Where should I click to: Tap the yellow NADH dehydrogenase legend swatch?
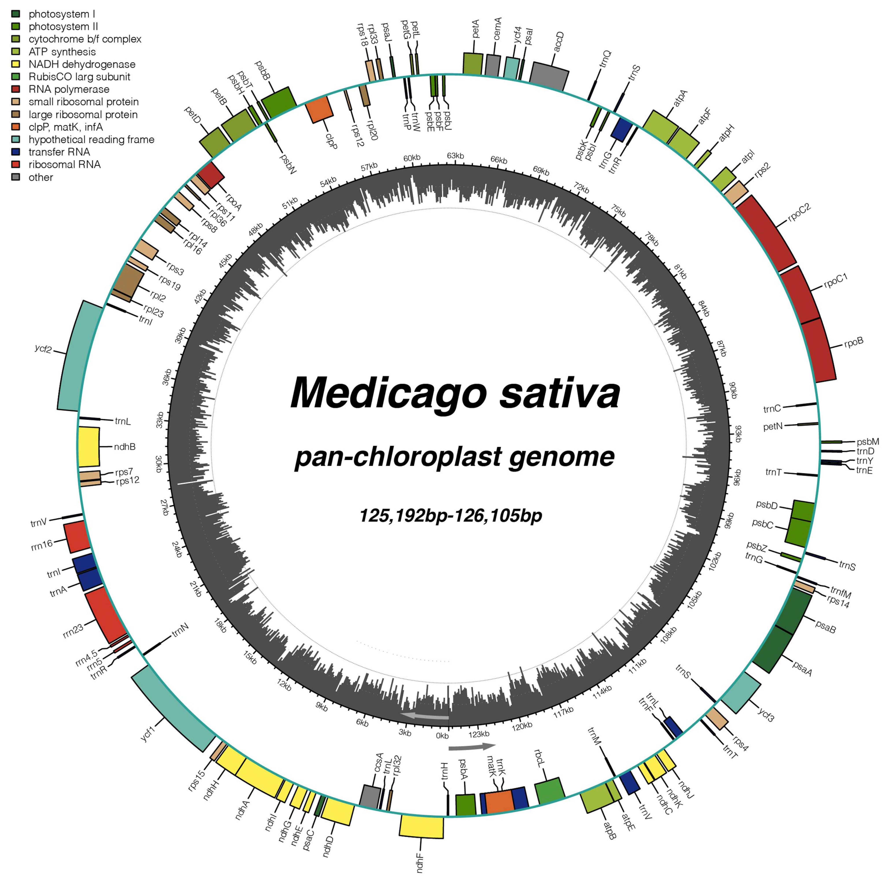(x=16, y=64)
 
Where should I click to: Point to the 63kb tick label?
(x=455, y=156)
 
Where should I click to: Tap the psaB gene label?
(x=825, y=626)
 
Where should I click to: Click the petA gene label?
(x=475, y=29)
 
